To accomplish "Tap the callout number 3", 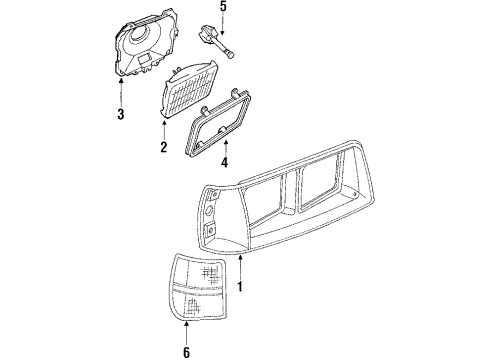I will [120, 114].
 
